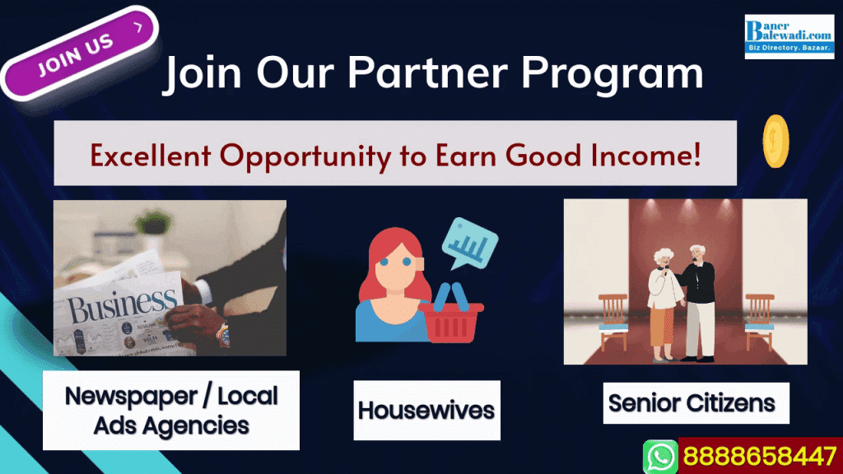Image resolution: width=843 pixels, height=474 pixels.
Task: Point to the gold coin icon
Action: (776, 142)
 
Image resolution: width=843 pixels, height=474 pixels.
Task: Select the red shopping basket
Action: (452, 316)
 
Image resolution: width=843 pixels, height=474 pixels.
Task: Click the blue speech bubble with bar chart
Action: (470, 243)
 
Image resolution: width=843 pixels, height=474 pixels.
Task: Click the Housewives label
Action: (426, 410)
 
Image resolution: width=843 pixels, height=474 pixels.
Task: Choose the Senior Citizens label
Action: (692, 403)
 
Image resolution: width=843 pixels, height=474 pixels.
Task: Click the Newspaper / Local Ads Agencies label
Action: (171, 410)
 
